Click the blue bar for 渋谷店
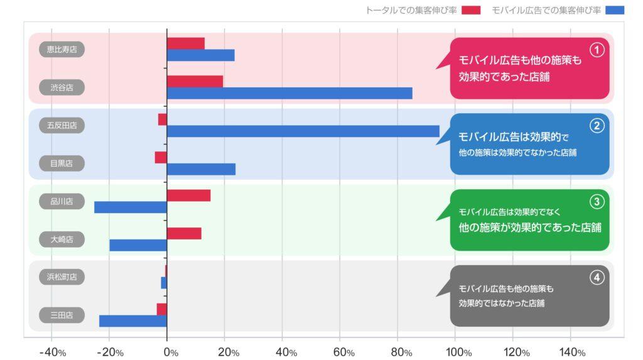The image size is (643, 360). (x=289, y=93)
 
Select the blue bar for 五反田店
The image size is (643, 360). (x=303, y=131)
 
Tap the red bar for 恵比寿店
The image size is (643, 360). (x=186, y=43)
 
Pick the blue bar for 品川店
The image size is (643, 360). (x=131, y=207)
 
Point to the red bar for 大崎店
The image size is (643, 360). (x=184, y=234)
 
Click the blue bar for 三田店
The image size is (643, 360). (x=133, y=321)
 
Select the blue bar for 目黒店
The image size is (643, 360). (x=201, y=169)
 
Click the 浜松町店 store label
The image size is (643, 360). (x=62, y=276)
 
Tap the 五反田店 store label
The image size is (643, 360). (x=62, y=125)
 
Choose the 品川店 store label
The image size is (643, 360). (x=62, y=201)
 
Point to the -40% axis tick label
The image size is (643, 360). (x=53, y=352)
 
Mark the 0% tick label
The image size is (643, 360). (x=170, y=352)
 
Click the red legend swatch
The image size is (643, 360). (x=470, y=10)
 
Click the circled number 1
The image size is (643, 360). (x=597, y=50)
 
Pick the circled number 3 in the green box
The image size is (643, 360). (x=597, y=202)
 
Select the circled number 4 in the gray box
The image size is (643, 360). (x=597, y=277)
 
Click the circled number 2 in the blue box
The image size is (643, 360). (x=597, y=126)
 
